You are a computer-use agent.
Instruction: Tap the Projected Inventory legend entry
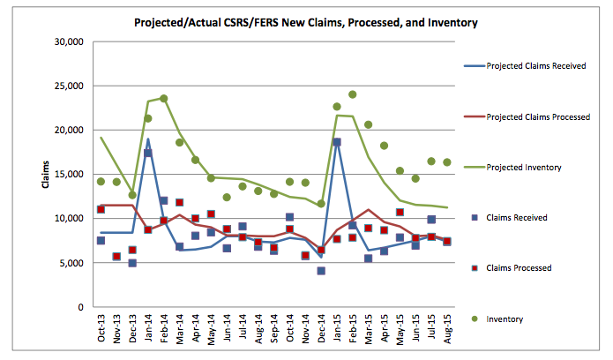pyautogui.click(x=526, y=167)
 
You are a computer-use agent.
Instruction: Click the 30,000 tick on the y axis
pyautogui.click(x=68, y=41)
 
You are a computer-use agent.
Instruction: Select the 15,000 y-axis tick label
pyautogui.click(x=68, y=174)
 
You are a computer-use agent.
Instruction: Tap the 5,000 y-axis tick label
pyautogui.click(x=71, y=263)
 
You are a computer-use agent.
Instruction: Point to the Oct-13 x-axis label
pyautogui.click(x=101, y=332)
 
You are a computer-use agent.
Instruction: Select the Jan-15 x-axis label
pyautogui.click(x=337, y=332)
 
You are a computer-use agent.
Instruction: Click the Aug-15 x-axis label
pyautogui.click(x=447, y=332)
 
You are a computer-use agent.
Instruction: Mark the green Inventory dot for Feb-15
pyautogui.click(x=353, y=94)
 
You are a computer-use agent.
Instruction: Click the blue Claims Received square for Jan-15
pyautogui.click(x=337, y=142)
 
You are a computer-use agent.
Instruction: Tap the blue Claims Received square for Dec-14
pyautogui.click(x=321, y=271)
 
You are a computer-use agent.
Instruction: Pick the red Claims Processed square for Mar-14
pyautogui.click(x=179, y=203)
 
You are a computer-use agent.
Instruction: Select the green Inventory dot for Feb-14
pyautogui.click(x=163, y=99)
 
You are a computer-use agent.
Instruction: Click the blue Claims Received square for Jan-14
pyautogui.click(x=147, y=153)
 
